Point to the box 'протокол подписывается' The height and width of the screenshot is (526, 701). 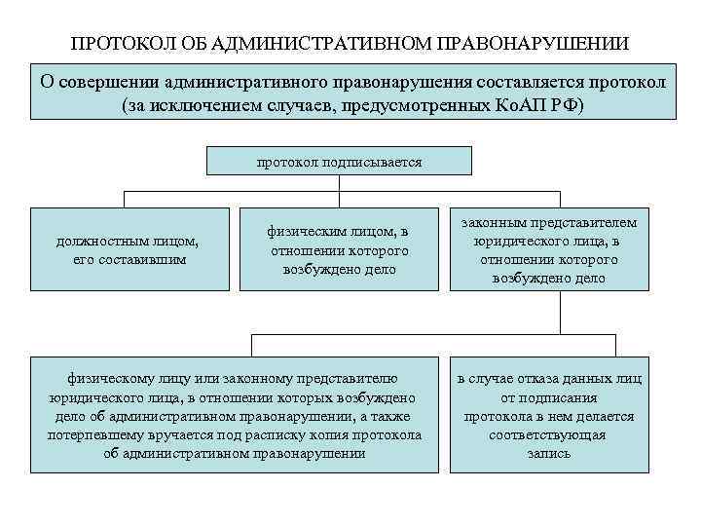click(x=340, y=161)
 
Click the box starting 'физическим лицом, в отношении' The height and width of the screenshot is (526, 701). click(x=339, y=249)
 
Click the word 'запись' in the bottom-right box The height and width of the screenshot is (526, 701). click(x=549, y=453)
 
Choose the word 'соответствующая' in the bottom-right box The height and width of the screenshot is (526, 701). click(x=549, y=434)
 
